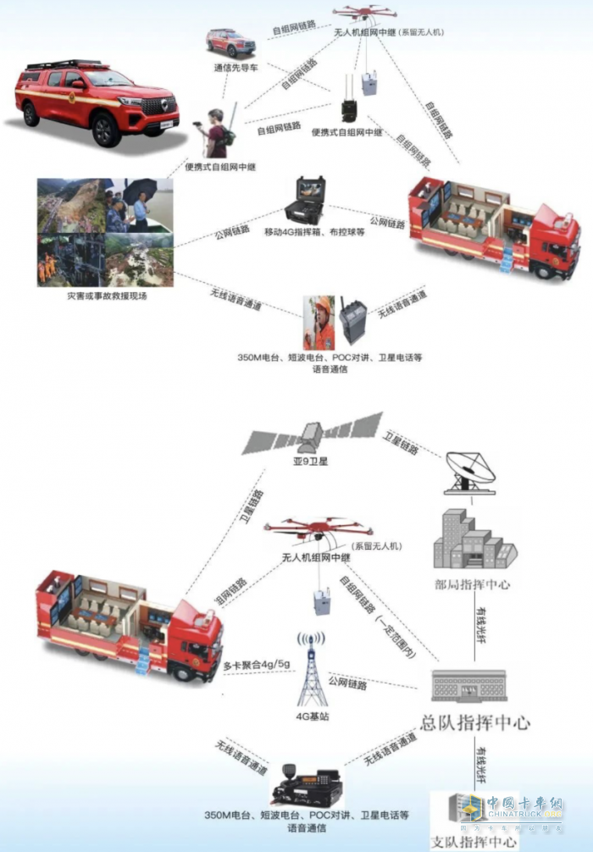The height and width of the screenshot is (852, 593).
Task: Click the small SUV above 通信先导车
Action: tap(230, 41)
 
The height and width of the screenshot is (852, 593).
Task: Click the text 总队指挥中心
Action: tap(475, 722)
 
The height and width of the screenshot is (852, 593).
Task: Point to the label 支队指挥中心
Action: tap(474, 841)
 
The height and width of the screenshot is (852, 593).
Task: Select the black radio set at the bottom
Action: tap(306, 785)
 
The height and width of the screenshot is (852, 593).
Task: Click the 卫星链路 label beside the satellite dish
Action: tap(401, 444)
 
